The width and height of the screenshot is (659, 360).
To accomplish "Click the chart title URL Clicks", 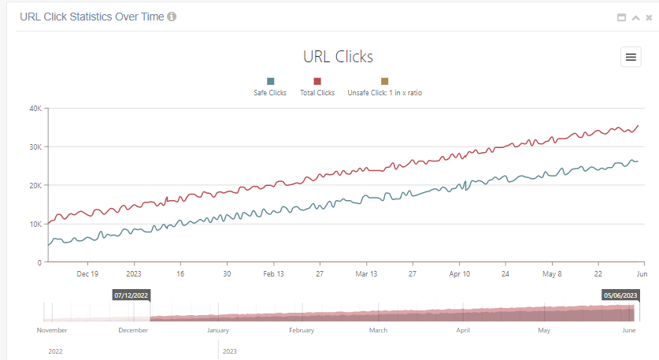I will coord(338,57).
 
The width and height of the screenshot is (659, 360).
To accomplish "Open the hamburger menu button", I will coord(631,57).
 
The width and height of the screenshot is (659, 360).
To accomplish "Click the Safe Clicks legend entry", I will coord(270,92).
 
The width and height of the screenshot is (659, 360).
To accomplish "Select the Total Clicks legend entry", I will coord(317,92).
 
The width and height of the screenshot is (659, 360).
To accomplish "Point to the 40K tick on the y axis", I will coord(35,109).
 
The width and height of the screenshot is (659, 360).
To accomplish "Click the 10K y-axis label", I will coord(35,225).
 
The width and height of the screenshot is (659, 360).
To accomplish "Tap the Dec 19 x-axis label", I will coord(87,274).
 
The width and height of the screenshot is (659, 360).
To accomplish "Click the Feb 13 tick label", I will coord(273,274).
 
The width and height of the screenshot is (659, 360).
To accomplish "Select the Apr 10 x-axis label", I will coord(460,274).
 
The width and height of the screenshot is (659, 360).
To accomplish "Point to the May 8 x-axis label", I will coord(553,274).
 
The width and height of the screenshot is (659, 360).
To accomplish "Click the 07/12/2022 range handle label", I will coord(131,295).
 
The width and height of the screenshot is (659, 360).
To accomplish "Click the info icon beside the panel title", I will coord(172,17).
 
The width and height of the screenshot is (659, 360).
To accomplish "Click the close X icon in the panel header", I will coord(649,17).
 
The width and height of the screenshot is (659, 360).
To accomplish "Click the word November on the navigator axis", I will coord(53,331).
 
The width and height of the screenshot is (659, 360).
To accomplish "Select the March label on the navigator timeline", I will coord(378,331).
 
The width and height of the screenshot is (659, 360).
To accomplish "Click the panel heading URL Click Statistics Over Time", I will coord(91,17).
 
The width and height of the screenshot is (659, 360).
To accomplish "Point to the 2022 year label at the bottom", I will coord(55,351).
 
